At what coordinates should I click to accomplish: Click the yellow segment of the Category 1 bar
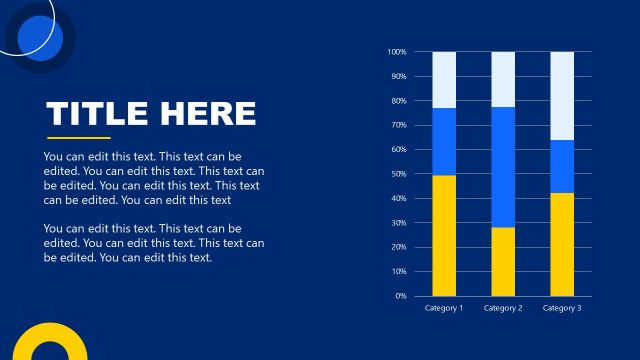point(444,235)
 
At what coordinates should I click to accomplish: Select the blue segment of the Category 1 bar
point(444,141)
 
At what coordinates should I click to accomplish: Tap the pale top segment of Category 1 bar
point(444,79)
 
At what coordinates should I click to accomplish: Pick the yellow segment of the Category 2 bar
point(503,261)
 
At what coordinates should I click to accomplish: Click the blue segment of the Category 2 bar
point(503,167)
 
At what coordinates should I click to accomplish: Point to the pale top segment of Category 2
point(503,79)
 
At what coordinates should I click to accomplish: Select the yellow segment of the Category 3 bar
point(562,244)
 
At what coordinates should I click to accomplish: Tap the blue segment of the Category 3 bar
point(562,166)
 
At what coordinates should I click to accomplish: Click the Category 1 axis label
point(444,308)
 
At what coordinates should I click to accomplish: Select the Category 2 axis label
point(503,308)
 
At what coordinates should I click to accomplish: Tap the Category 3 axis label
point(562,308)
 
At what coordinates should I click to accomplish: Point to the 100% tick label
point(396,52)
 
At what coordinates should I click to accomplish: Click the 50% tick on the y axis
point(398,174)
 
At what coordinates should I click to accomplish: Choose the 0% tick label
point(400,296)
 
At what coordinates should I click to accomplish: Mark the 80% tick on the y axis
point(398,101)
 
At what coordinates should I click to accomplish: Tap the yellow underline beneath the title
point(79,138)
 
